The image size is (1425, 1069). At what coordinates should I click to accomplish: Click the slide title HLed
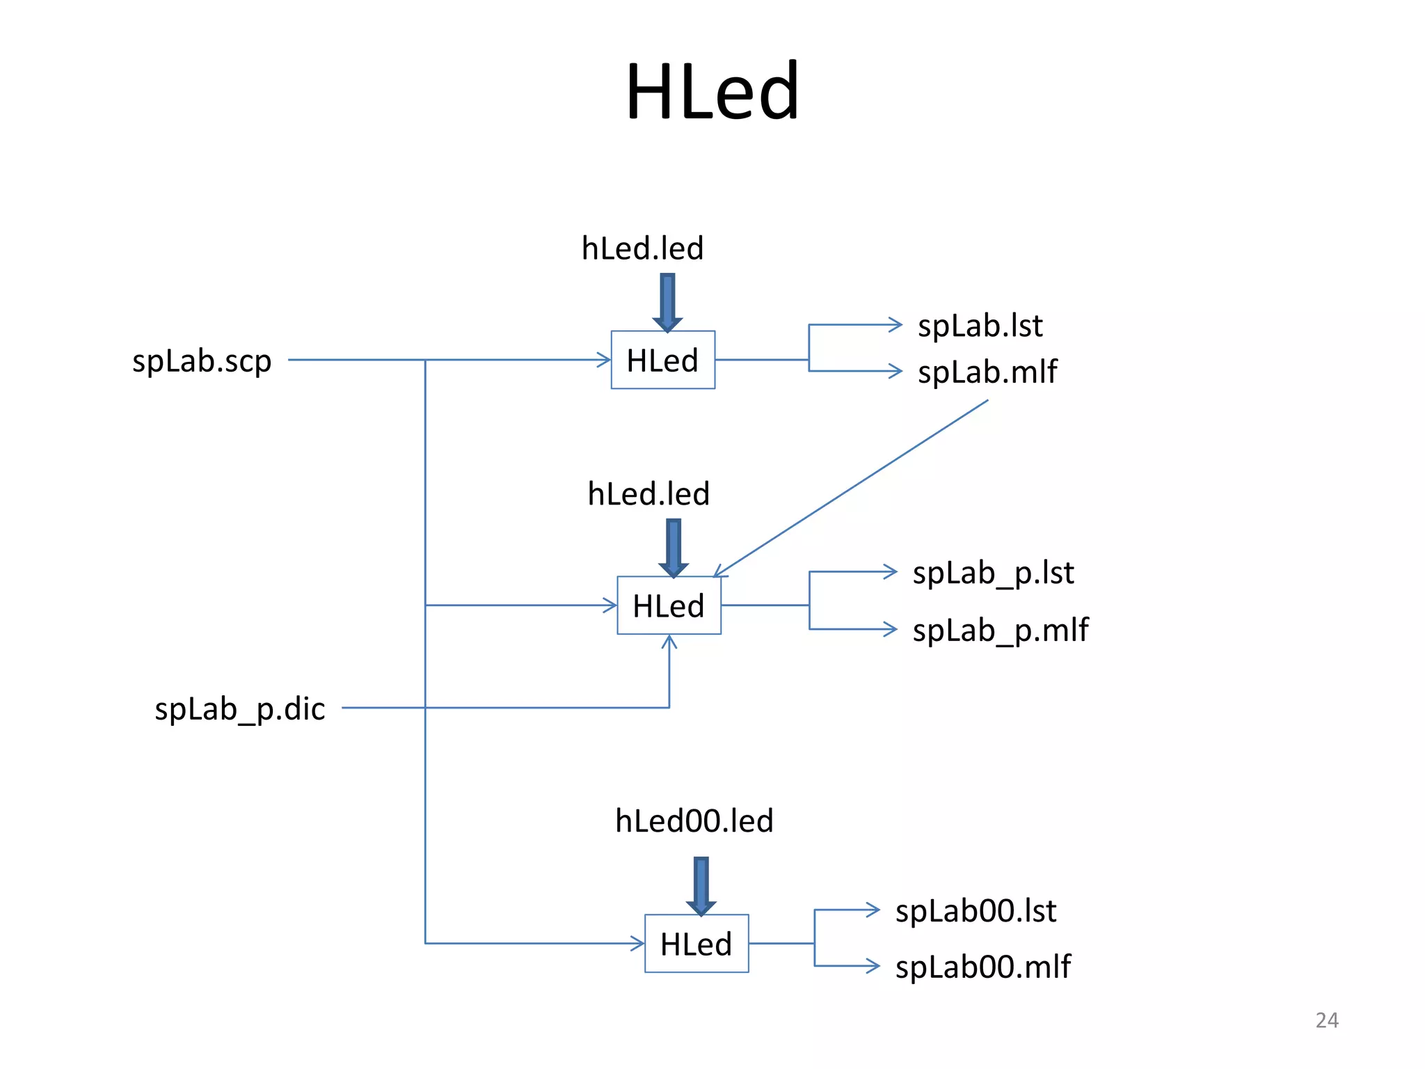[712, 91]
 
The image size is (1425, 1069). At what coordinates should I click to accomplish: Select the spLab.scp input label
[202, 361]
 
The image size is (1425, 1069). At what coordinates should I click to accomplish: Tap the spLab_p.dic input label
[239, 708]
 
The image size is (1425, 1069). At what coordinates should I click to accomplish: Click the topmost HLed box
[662, 360]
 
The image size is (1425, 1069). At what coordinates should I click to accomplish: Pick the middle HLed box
[669, 605]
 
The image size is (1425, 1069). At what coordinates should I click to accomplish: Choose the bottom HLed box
[696, 944]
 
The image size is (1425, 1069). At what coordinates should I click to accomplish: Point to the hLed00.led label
[694, 821]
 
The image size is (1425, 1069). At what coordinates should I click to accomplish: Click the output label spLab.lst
[980, 326]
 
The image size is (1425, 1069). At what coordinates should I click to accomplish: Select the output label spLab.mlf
[987, 372]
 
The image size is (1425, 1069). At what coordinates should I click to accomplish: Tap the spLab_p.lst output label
[993, 573]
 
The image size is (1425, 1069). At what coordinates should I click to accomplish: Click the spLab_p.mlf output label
[1000, 630]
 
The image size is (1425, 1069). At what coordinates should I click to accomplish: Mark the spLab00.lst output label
[976, 911]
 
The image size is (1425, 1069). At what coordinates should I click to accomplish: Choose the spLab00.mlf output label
[982, 967]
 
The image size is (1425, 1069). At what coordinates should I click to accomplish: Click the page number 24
[1326, 1020]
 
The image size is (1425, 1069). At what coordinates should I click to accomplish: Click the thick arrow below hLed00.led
[701, 885]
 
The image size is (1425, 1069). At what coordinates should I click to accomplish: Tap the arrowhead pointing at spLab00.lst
[873, 910]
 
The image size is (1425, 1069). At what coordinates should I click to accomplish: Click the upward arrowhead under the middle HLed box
[669, 642]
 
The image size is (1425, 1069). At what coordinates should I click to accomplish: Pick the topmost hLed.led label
[642, 248]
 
